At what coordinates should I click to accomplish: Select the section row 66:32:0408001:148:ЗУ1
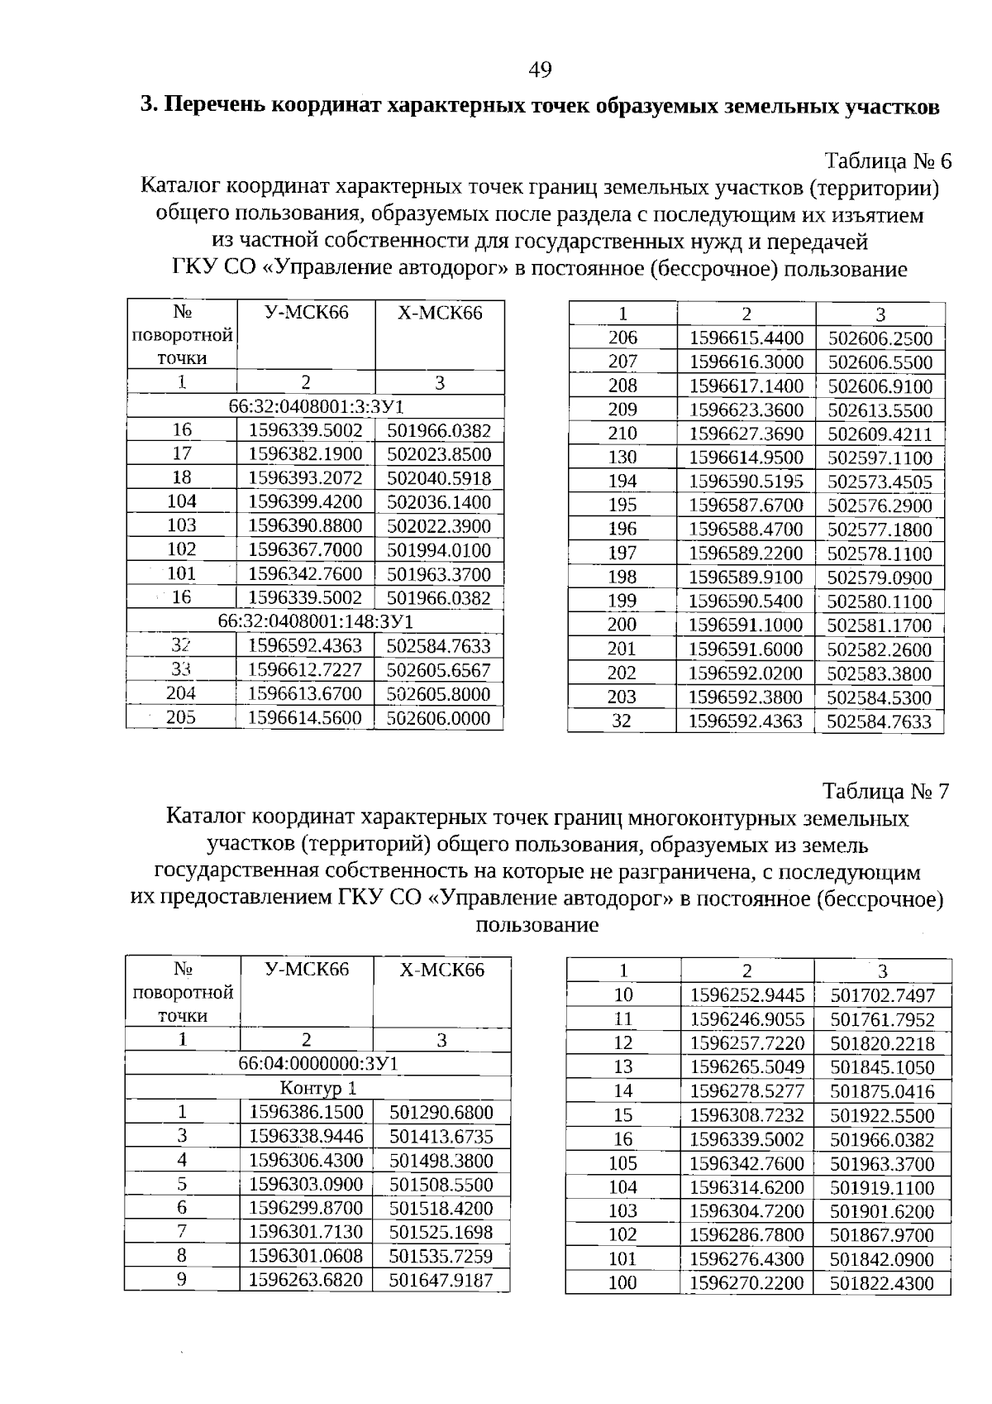pyautogui.click(x=315, y=621)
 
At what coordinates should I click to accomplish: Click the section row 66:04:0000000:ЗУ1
pyautogui.click(x=317, y=1063)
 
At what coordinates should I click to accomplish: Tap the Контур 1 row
pyautogui.click(x=317, y=1087)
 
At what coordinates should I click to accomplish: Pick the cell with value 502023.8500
pyautogui.click(x=439, y=454)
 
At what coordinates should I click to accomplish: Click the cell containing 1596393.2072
pyautogui.click(x=305, y=478)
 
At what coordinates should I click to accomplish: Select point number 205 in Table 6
pyautogui.click(x=181, y=718)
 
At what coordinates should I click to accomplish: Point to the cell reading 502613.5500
pyautogui.click(x=880, y=410)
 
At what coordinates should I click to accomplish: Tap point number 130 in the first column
pyautogui.click(x=622, y=458)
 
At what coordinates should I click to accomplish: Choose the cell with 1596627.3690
pyautogui.click(x=746, y=434)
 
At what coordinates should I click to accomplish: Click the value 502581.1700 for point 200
pyautogui.click(x=880, y=625)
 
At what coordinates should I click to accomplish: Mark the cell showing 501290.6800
pyautogui.click(x=441, y=1112)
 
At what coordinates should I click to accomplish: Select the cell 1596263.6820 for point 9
pyautogui.click(x=306, y=1280)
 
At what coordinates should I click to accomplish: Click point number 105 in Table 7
pyautogui.click(x=622, y=1164)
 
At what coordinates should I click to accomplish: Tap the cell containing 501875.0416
pyautogui.click(x=882, y=1092)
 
